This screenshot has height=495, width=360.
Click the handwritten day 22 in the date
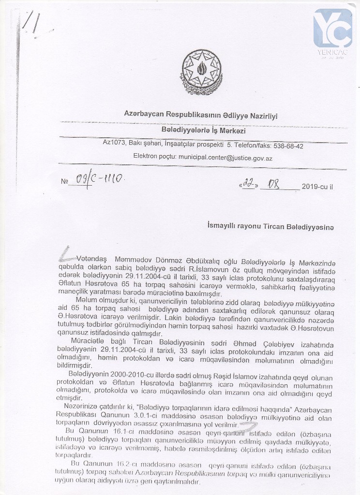(248, 185)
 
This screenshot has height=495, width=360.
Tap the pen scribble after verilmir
(249, 426)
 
